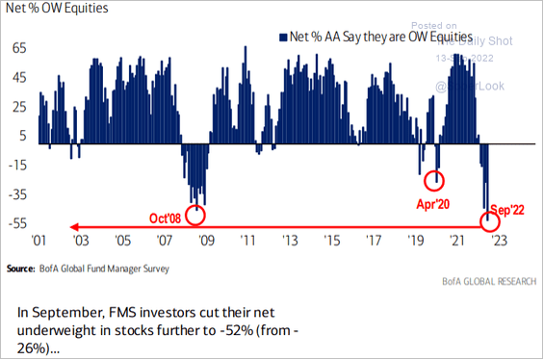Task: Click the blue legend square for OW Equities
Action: coord(280,38)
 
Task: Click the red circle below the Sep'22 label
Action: coord(491,223)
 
